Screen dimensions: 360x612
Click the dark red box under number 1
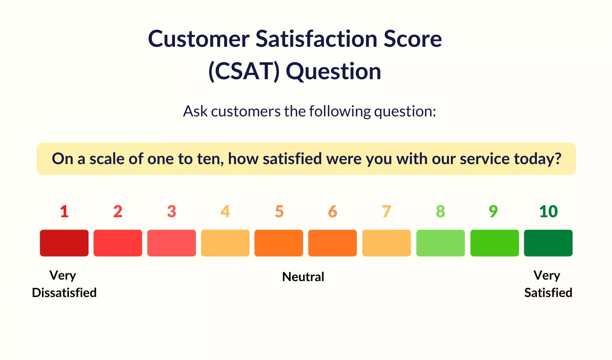click(x=64, y=243)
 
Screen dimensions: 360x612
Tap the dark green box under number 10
click(x=548, y=243)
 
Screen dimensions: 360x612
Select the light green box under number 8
click(x=440, y=243)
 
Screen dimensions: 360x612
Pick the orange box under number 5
click(x=279, y=243)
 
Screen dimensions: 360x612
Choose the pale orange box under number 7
click(x=386, y=243)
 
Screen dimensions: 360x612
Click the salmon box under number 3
click(x=171, y=243)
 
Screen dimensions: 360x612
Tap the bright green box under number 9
click(x=494, y=243)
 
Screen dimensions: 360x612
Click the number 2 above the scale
click(x=118, y=211)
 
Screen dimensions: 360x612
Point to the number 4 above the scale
click(x=225, y=211)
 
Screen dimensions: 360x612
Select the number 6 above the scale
click(x=332, y=211)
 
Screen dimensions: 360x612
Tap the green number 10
click(x=548, y=211)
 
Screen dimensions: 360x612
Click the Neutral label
click(x=303, y=277)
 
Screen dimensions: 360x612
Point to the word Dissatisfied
click(x=64, y=292)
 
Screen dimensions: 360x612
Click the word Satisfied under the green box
click(x=548, y=292)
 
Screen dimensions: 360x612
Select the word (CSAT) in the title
click(x=244, y=71)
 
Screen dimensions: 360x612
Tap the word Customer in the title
click(x=199, y=39)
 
